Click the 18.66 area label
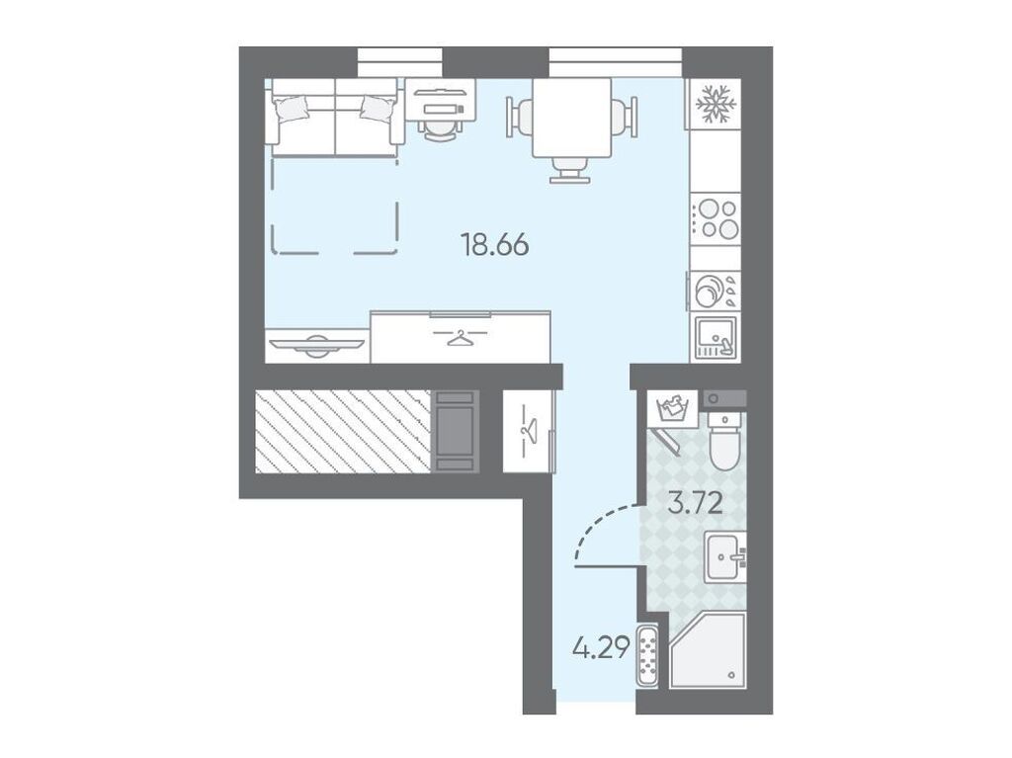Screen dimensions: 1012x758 [495, 245]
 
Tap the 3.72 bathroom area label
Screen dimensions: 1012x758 [695, 503]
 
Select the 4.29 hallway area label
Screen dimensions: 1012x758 [600, 647]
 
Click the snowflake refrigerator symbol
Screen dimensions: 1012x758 [715, 104]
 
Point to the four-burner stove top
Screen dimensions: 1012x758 [716, 219]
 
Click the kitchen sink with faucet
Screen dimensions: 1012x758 [716, 338]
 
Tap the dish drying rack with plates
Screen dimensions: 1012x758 [714, 291]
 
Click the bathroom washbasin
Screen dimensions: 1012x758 [725, 556]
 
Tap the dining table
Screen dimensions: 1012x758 [572, 118]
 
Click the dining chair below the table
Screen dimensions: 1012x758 [570, 170]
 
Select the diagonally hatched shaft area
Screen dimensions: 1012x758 [343, 431]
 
